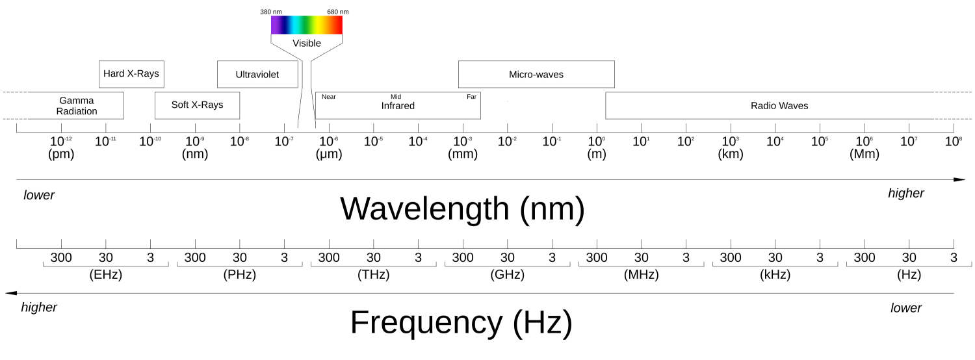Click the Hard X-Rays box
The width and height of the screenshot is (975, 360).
131,74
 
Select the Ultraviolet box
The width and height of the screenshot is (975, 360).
257,75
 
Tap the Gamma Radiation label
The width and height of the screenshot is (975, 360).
77,106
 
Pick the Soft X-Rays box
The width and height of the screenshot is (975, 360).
197,105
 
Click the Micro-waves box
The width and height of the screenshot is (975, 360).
536,75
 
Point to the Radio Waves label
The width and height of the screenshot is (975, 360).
779,105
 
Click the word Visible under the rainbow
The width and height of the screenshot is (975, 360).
307,44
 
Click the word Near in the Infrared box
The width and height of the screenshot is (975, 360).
328,97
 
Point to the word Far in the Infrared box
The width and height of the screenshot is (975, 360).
471,97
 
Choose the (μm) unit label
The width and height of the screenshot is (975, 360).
329,155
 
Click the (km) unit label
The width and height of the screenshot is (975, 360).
731,155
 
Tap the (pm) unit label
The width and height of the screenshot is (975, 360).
61,155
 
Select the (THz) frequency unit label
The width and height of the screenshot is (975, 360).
374,275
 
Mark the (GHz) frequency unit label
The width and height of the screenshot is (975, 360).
508,275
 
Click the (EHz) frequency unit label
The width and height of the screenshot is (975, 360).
106,275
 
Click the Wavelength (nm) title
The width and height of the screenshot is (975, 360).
462,209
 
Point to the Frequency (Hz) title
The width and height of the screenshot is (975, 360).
461,323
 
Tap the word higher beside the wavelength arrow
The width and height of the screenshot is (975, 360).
906,194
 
